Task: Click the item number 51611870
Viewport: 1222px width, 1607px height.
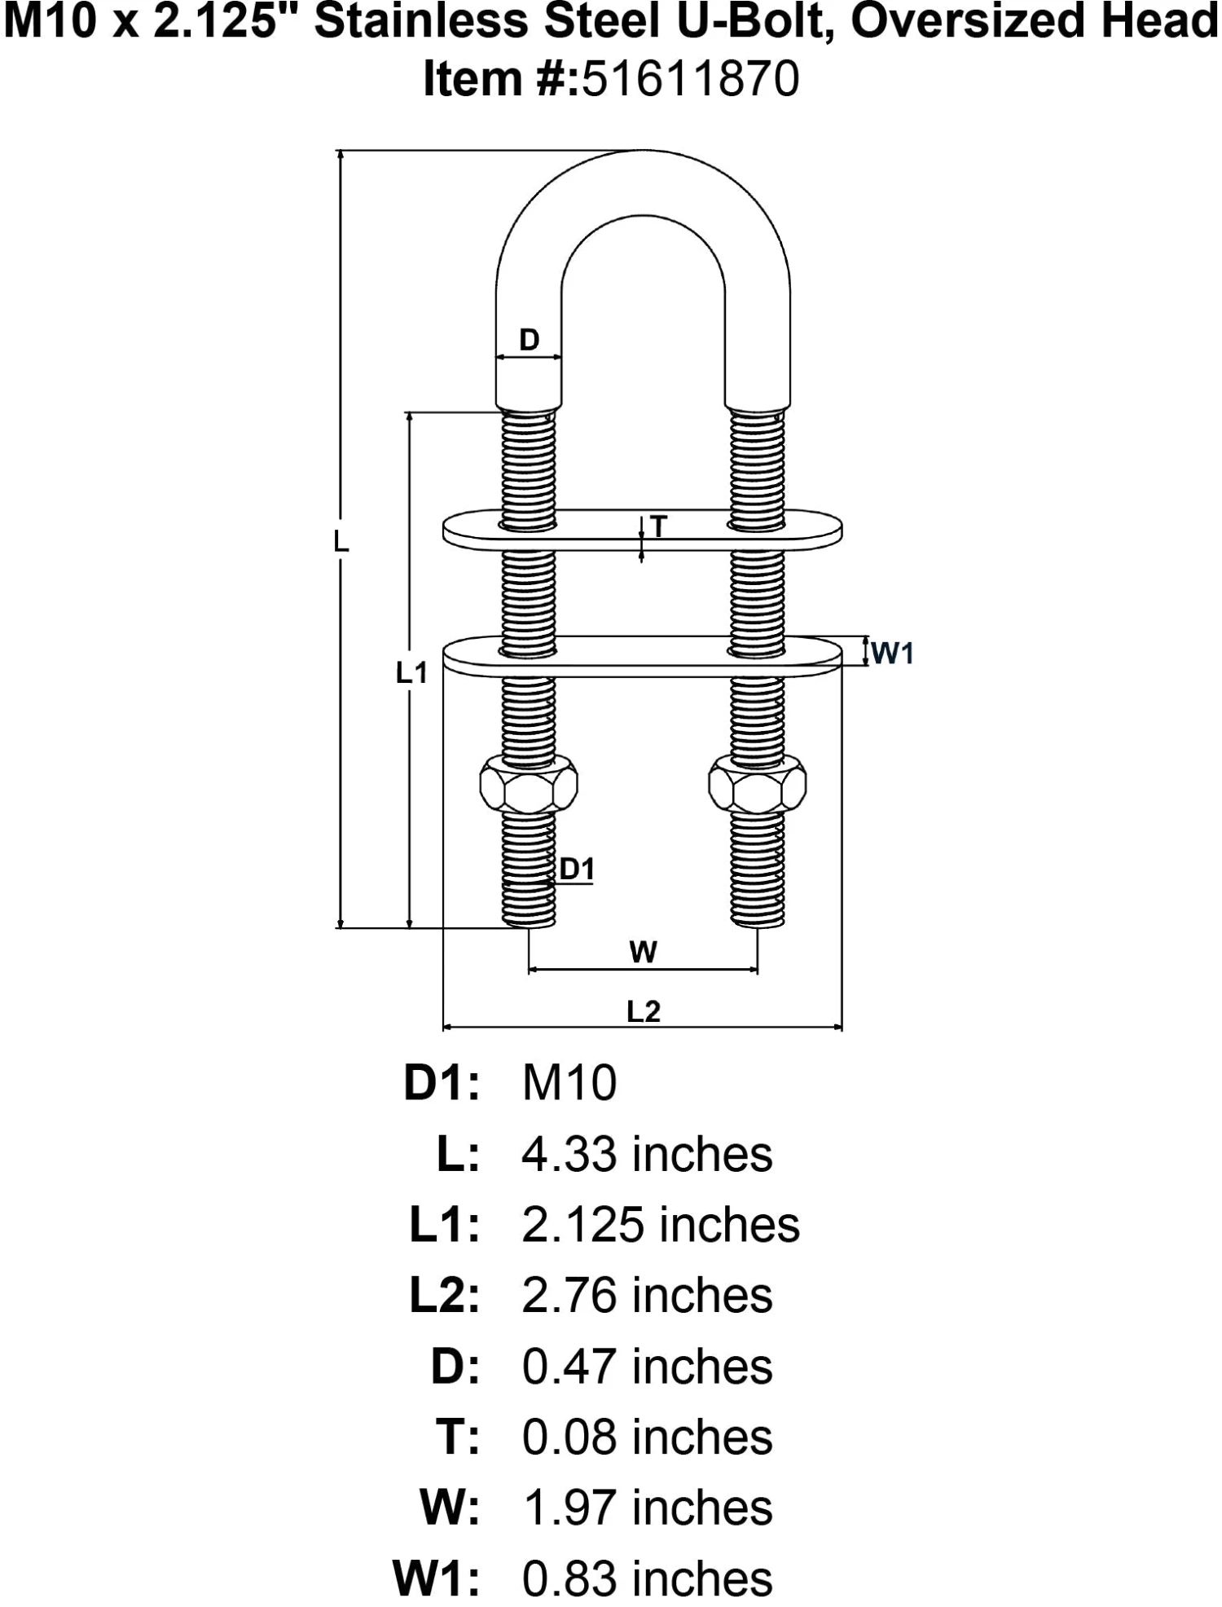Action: pos(690,80)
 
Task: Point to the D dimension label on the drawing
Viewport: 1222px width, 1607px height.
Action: pos(530,339)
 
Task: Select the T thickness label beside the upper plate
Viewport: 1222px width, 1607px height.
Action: pos(659,526)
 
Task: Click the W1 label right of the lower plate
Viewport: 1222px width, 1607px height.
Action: pos(893,653)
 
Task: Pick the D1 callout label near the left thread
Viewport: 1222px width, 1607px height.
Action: pos(577,870)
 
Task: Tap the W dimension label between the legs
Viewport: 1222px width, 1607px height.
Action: pos(644,951)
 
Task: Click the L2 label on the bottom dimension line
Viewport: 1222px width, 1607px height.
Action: pos(643,1011)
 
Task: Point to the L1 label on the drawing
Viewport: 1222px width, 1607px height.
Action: pos(411,672)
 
